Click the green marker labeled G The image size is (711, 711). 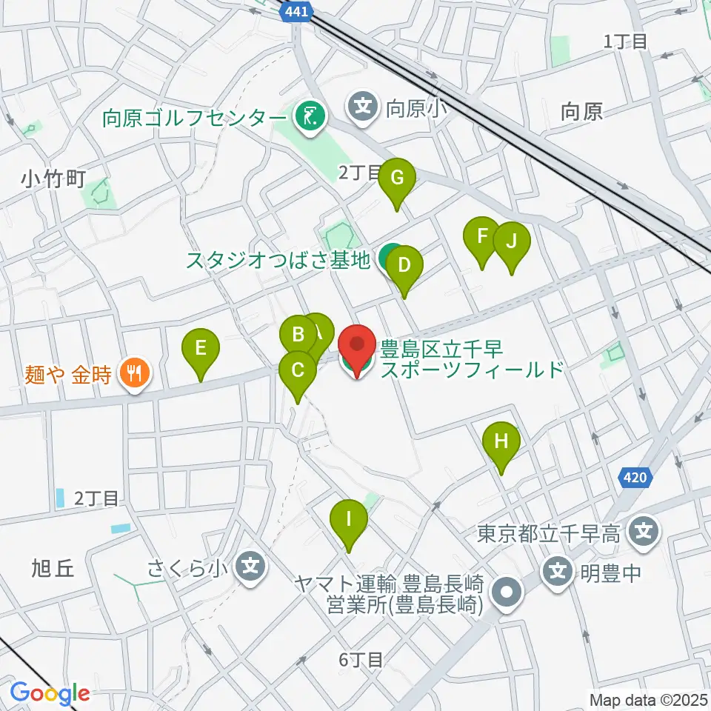click(x=397, y=178)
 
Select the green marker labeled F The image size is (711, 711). click(x=482, y=237)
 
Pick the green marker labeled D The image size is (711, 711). click(x=404, y=265)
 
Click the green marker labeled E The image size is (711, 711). click(x=201, y=348)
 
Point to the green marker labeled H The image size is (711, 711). click(x=501, y=442)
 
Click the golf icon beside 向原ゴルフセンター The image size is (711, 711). click(x=308, y=115)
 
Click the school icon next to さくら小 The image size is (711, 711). click(x=250, y=568)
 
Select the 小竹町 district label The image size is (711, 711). click(x=55, y=178)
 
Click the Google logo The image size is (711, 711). click(x=50, y=694)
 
